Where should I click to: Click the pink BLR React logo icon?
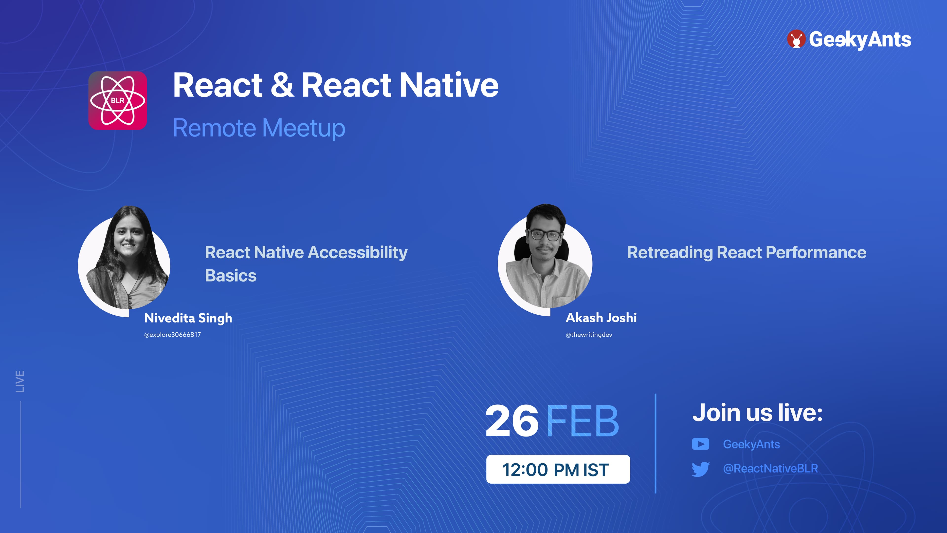point(118,100)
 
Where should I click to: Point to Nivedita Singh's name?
point(188,318)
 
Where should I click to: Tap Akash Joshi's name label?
point(601,317)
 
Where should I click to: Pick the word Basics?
point(231,276)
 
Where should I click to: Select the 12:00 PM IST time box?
point(558,469)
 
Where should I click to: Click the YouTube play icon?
point(701,444)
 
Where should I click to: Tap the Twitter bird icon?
point(701,469)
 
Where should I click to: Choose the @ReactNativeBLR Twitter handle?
point(770,469)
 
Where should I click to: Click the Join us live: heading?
point(757,413)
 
